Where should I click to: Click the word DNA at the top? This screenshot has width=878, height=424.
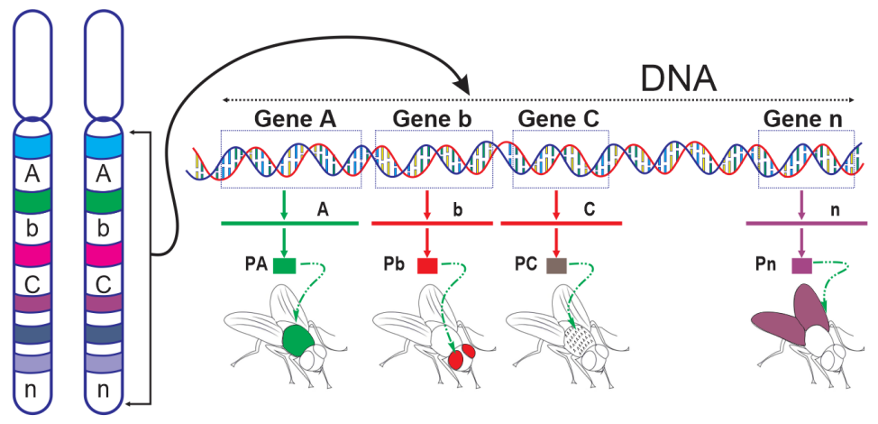(x=678, y=78)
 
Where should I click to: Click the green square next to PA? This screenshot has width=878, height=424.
(x=285, y=265)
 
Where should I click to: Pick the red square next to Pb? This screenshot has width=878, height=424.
(x=427, y=265)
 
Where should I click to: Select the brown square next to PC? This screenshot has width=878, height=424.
(x=556, y=265)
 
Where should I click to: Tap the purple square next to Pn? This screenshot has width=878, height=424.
(x=801, y=265)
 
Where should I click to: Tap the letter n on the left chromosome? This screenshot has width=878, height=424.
(x=32, y=390)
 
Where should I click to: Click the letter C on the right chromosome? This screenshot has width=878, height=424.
(x=103, y=283)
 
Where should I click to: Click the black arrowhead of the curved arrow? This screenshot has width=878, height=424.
(x=462, y=85)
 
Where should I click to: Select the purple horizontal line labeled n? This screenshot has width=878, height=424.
(x=807, y=222)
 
